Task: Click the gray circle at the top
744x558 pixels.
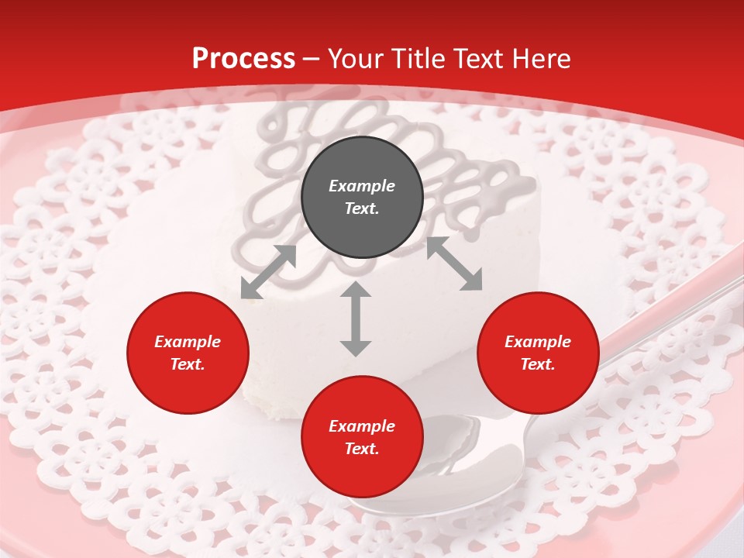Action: tap(362, 198)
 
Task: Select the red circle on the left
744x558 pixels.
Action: tap(188, 353)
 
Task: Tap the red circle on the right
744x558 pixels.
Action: tap(538, 353)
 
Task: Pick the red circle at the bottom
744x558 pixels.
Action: tap(362, 437)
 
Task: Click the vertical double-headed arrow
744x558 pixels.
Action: tap(356, 319)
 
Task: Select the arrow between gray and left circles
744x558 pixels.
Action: tap(268, 272)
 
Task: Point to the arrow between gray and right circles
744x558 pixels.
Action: tap(454, 264)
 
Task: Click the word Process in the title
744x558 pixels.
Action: tap(243, 58)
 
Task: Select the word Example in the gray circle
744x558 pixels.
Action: tap(362, 186)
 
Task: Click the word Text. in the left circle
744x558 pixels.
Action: tap(188, 365)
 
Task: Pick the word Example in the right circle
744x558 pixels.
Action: tap(538, 342)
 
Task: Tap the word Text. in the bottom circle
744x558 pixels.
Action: tap(362, 449)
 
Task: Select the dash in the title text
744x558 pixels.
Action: tap(312, 59)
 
